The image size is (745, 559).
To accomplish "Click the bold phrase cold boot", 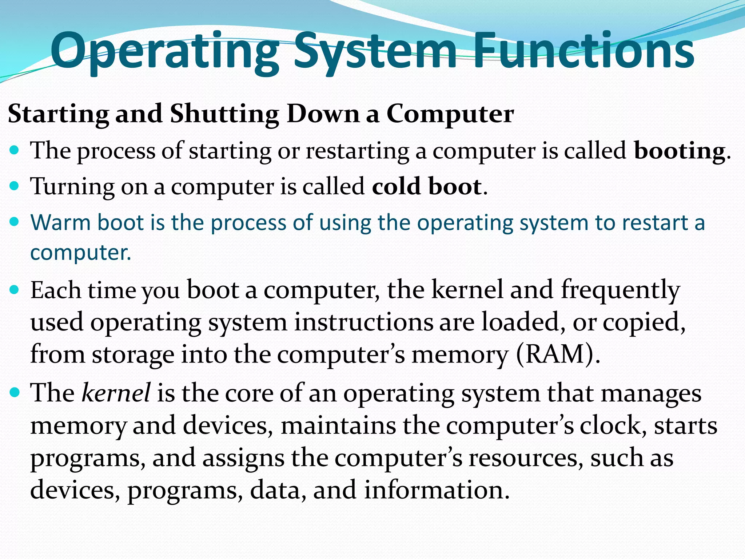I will coord(427,186).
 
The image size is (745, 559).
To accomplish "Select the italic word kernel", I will coord(116,393).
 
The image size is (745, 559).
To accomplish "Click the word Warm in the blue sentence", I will coord(60,222).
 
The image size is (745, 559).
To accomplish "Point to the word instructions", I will coord(363,322).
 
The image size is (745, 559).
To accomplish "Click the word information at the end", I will coord(437,490).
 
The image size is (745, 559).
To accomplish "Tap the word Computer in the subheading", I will coord(450,114).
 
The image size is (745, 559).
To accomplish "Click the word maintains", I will coord(338,425).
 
